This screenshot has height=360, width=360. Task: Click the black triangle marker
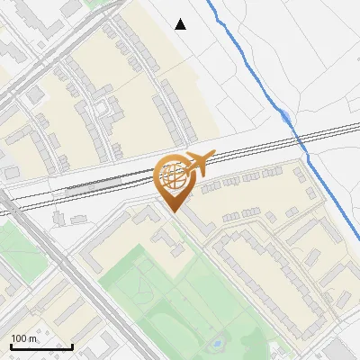click(181, 24)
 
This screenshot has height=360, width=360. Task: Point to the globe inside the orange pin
click(175, 175)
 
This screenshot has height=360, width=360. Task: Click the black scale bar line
click(41, 347)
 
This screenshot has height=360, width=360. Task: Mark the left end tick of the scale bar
click(11, 346)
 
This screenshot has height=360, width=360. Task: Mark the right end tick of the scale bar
click(72, 346)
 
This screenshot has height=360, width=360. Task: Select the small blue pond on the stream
click(283, 115)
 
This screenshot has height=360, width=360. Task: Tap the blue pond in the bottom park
click(215, 343)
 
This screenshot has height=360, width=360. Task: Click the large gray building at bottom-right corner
click(342, 350)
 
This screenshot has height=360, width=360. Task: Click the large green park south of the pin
click(180, 297)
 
